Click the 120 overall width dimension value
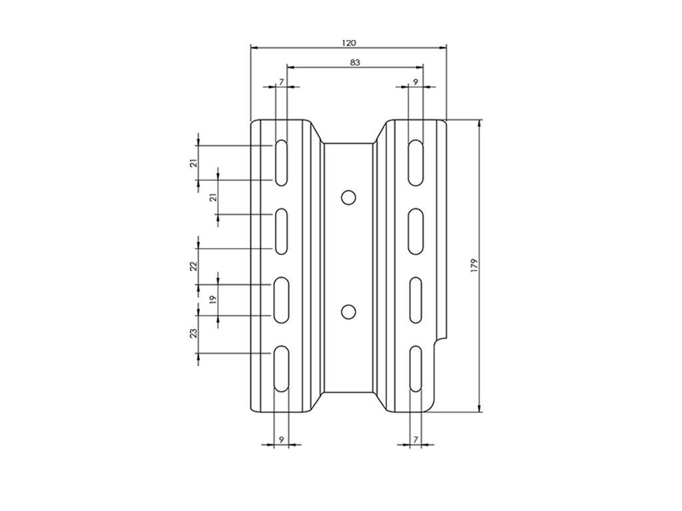click(x=349, y=43)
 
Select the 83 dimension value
click(x=355, y=63)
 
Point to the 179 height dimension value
click(x=474, y=265)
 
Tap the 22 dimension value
click(x=194, y=266)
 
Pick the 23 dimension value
click(x=194, y=333)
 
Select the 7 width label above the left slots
click(x=282, y=81)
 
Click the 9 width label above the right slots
click(x=416, y=81)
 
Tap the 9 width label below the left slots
click(x=282, y=439)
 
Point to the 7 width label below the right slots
click(x=416, y=439)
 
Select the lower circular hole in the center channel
click(x=347, y=311)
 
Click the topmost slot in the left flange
click(x=282, y=162)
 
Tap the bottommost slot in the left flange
click(x=282, y=369)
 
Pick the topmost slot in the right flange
click(x=416, y=162)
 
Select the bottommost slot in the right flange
click(x=416, y=369)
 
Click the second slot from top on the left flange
click(x=282, y=231)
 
